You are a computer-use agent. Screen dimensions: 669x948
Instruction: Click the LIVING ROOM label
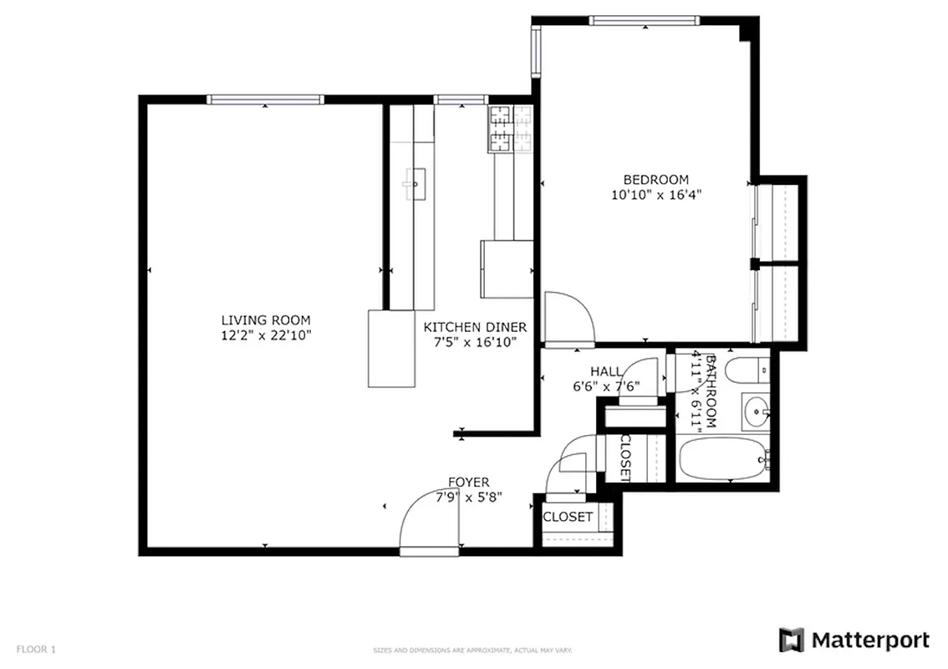pos(266,319)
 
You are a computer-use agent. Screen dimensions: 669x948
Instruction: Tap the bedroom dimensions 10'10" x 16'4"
pos(655,195)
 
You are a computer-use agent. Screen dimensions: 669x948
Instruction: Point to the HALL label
pos(605,371)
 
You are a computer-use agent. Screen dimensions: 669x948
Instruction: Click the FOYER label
pos(468,482)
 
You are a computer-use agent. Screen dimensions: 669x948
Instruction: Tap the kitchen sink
pos(414,182)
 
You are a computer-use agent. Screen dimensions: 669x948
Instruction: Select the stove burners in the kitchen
pos(510,129)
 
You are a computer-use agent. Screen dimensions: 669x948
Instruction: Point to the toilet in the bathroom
pos(747,369)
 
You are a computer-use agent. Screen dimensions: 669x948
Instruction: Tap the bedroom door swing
pos(568,319)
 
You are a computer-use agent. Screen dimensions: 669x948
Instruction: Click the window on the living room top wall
pos(265,100)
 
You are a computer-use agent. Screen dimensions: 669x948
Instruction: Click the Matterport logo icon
pos(791,641)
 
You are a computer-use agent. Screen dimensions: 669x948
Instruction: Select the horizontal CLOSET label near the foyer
pos(568,517)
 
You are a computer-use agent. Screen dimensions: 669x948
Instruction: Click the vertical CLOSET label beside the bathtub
pos(624,458)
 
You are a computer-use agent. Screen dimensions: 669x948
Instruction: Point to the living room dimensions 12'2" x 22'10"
pos(266,335)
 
